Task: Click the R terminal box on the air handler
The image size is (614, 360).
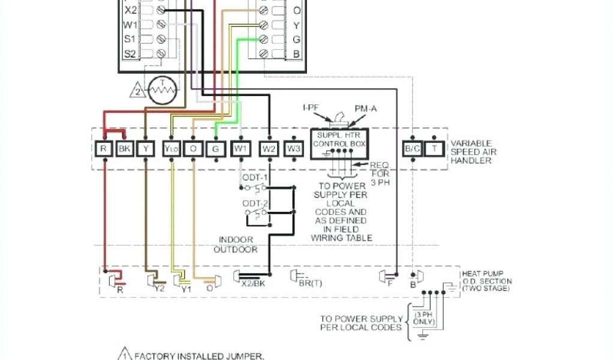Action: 104,149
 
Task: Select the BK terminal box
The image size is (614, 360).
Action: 124,149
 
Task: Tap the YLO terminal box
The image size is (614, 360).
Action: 171,149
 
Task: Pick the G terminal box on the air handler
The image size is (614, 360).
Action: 215,149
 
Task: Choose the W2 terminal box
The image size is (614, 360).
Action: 269,149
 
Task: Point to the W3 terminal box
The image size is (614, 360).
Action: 293,149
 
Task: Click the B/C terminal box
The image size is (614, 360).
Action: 412,149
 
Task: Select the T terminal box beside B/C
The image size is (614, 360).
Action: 434,149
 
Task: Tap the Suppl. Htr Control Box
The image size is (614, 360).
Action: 340,145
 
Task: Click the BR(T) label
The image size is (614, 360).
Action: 310,284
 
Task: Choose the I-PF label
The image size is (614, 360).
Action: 311,107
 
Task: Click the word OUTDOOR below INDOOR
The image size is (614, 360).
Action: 236,249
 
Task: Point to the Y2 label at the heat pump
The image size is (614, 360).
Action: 159,288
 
